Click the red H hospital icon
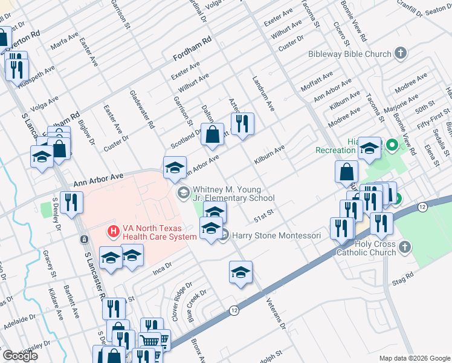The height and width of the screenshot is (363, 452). (112, 231)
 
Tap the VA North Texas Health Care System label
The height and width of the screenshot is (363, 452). (159, 233)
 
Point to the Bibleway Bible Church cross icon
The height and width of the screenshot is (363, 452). (400, 54)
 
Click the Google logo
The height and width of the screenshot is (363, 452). (20, 356)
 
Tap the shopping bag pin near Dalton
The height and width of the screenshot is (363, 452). (212, 134)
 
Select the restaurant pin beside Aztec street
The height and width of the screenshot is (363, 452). (242, 123)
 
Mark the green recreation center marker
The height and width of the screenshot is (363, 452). (391, 145)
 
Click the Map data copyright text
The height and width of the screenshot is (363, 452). (415, 358)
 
